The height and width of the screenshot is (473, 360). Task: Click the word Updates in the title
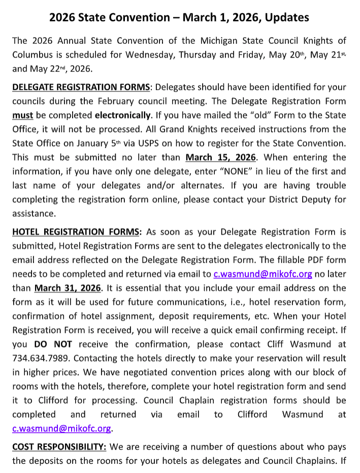click(285, 17)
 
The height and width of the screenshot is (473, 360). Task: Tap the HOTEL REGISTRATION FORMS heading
click(76, 232)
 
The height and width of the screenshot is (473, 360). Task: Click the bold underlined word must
click(22, 115)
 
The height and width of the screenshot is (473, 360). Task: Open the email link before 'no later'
click(263, 274)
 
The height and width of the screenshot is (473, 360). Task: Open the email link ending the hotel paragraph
click(61, 428)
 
